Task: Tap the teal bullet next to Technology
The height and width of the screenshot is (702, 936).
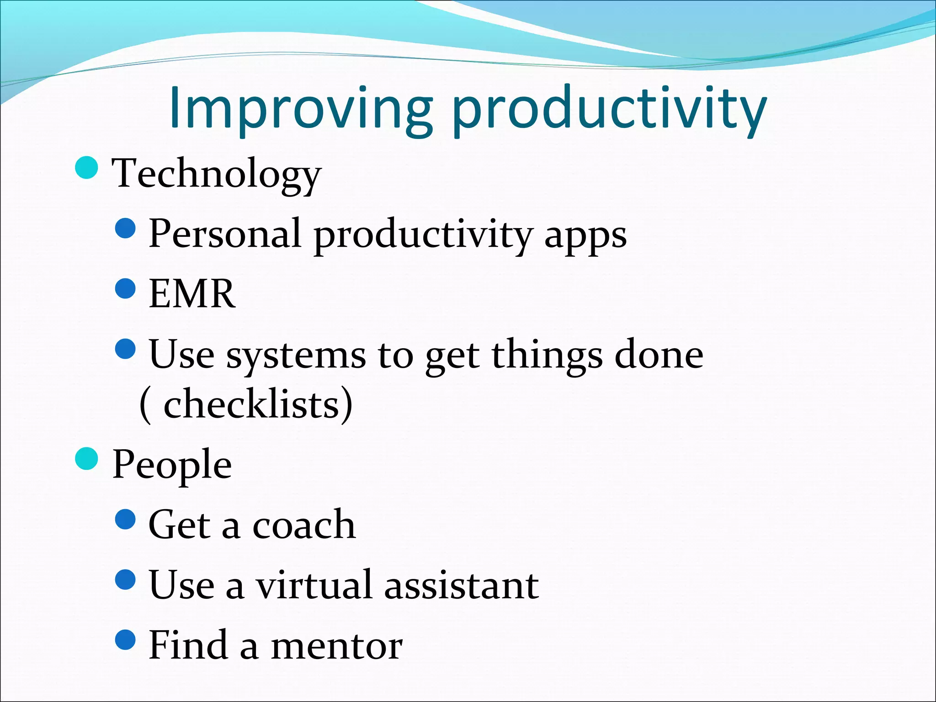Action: coord(86,167)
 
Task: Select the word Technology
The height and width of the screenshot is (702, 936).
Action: coord(217,174)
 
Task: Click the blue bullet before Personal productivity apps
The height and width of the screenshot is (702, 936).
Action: coord(126,228)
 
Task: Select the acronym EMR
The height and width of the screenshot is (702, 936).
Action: coord(192,294)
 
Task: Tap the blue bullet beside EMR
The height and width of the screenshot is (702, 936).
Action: coord(126,288)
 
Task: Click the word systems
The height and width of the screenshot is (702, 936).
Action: coord(296,356)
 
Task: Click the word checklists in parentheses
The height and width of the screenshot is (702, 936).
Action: coord(251,404)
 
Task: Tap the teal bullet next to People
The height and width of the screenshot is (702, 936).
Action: coord(86,458)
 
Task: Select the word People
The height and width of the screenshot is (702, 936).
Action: coord(172,465)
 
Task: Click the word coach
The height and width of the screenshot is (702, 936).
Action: coord(304,525)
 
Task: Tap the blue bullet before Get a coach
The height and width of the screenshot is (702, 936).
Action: coord(126,519)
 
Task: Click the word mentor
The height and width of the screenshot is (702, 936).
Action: coord(337,645)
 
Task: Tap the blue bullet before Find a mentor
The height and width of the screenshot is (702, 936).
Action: coord(126,640)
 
